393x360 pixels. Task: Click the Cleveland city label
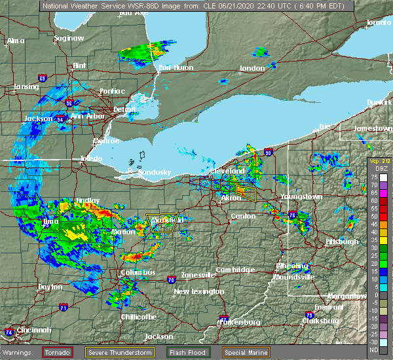(x=227, y=171)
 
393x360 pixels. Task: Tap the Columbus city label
(x=138, y=272)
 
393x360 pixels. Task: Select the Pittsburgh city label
(x=342, y=242)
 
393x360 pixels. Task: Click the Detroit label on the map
(x=124, y=109)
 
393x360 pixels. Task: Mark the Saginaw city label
(x=69, y=38)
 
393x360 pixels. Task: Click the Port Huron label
(x=174, y=67)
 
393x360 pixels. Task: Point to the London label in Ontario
(x=252, y=68)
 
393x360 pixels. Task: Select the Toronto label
(x=378, y=23)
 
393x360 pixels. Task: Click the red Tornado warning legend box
(x=58, y=352)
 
